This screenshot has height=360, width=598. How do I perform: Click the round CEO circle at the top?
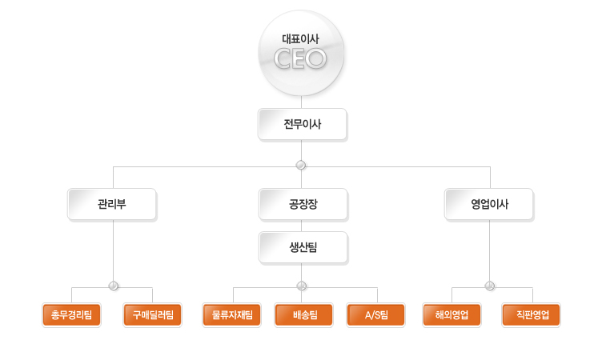pos(301,54)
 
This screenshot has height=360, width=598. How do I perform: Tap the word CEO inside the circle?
pos(300,58)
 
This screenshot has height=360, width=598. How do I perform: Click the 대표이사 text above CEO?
pos(300,38)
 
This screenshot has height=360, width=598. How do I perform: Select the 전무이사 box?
pos(302,125)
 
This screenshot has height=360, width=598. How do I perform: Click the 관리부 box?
pos(111,204)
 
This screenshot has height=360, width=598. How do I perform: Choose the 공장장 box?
pos(302,204)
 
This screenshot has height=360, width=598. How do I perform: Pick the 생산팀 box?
pos(302,247)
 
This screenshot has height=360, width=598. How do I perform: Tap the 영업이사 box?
pos(489,204)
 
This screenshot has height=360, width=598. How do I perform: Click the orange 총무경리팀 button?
pos(70,315)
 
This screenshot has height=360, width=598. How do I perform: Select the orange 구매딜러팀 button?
pos(153,315)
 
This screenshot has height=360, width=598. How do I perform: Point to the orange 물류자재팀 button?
pos(232,315)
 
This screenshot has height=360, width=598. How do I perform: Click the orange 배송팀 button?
pos(304,315)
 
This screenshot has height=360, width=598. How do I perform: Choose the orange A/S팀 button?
pos(376,315)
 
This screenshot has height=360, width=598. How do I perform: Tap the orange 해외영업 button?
pos(452,315)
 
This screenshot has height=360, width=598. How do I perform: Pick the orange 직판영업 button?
pos(532,315)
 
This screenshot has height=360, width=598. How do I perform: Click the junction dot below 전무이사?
pos(301,166)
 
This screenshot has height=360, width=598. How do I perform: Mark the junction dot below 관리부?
pos(113,286)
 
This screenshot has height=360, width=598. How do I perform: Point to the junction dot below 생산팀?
pos(302,286)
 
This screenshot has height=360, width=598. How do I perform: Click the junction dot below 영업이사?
pos(490,286)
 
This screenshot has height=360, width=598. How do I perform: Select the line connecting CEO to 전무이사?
pos(301,102)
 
